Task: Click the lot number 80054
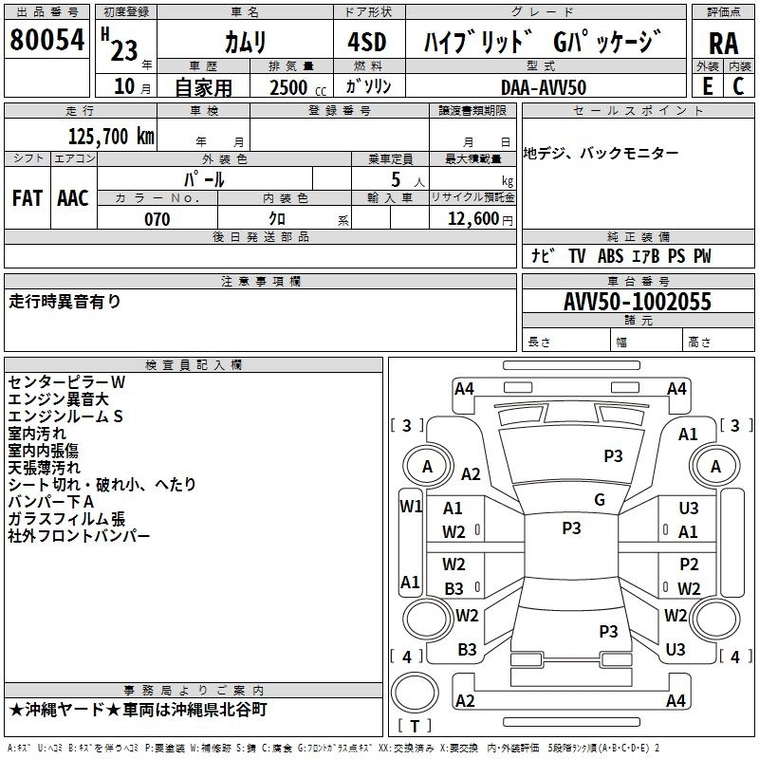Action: [46, 40]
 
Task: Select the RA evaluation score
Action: [723, 43]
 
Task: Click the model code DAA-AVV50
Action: [544, 86]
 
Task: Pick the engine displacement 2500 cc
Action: [288, 87]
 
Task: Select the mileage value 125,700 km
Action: [111, 136]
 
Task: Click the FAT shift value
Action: [27, 198]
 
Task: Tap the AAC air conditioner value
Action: [73, 198]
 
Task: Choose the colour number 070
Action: [157, 219]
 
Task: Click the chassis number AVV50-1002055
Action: [638, 303]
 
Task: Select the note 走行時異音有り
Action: [65, 302]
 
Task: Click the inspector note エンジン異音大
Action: [58, 399]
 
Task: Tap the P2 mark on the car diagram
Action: [688, 565]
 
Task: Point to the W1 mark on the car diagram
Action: [410, 506]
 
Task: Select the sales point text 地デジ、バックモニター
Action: [602, 153]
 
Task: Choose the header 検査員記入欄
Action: [194, 365]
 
